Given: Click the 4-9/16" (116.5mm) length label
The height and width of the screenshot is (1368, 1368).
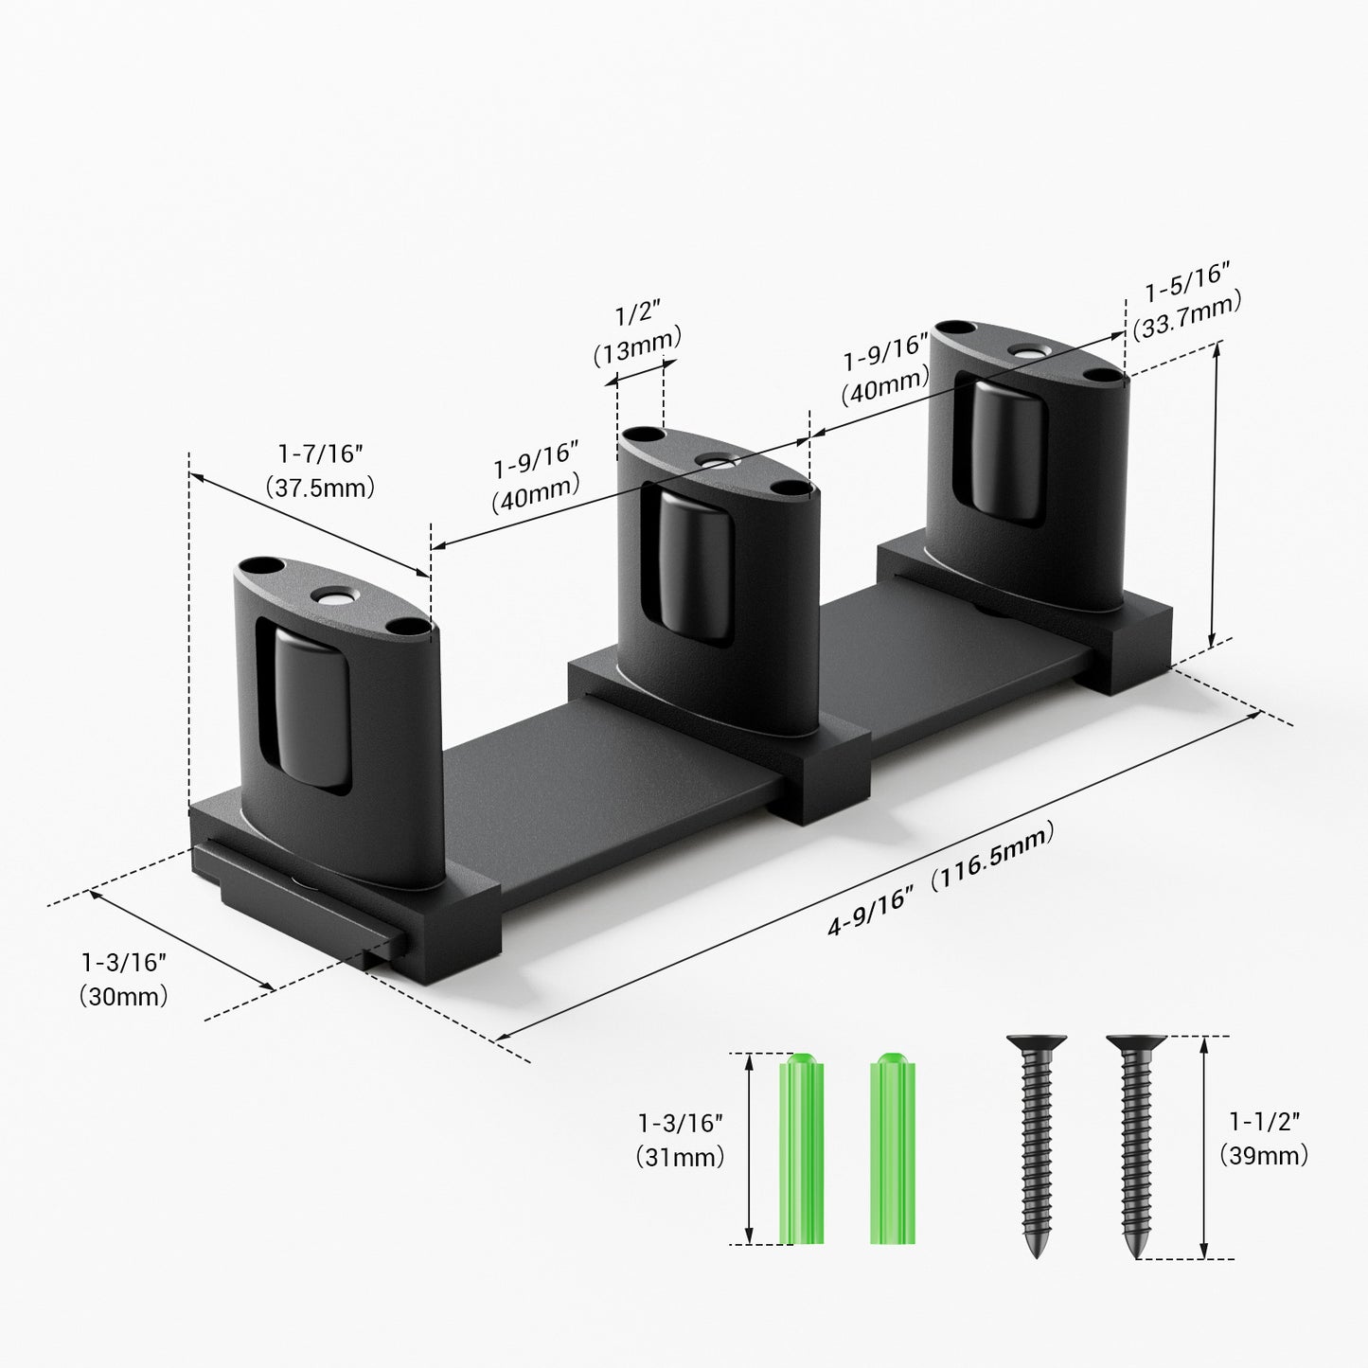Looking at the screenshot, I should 941,880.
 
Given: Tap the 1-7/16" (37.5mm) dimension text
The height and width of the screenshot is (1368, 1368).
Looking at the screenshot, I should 320,471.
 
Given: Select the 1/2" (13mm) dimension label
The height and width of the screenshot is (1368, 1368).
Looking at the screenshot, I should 637,334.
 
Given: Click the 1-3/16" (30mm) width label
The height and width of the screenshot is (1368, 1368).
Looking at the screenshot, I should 124,979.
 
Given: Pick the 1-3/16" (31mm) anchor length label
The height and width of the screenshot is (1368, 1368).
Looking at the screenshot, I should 681,1140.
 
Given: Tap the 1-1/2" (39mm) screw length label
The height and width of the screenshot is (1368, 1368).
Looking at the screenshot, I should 1264,1138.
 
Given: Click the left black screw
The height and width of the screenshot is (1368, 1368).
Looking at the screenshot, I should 1037,1146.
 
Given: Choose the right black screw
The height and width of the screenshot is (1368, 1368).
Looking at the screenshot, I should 1135,1146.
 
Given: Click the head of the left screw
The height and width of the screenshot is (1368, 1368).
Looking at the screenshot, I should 1037,1044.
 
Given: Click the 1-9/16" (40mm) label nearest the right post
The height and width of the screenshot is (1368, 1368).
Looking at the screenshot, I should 886,369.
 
